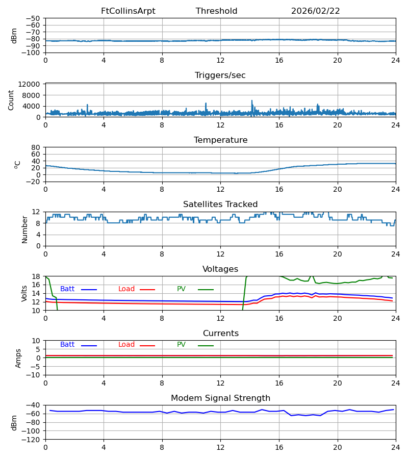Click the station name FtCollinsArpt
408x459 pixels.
pyautogui.click(x=128, y=11)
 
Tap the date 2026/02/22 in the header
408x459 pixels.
pyautogui.click(x=315, y=11)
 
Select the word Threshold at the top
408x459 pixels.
pyautogui.click(x=216, y=11)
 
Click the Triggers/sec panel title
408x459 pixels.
pyautogui.click(x=220, y=75)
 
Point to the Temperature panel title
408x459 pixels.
pyautogui.click(x=220, y=140)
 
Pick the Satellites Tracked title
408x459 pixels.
pyautogui.click(x=220, y=205)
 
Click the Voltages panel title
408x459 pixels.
pyautogui.click(x=220, y=269)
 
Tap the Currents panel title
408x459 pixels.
pyautogui.click(x=220, y=334)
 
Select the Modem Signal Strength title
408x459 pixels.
pyautogui.click(x=220, y=398)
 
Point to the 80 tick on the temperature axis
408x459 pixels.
pyautogui.click(x=36, y=147)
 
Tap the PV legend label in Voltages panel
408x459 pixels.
pyautogui.click(x=181, y=289)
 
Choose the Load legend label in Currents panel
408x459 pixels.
pyautogui.click(x=126, y=345)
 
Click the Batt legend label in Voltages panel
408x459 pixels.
pyautogui.click(x=67, y=289)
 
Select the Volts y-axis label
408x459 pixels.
pyautogui.click(x=24, y=293)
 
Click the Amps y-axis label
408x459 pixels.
pyautogui.click(x=19, y=358)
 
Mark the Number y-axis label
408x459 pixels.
pyautogui.click(x=24, y=229)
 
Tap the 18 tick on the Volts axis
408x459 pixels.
pyautogui.click(x=36, y=276)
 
